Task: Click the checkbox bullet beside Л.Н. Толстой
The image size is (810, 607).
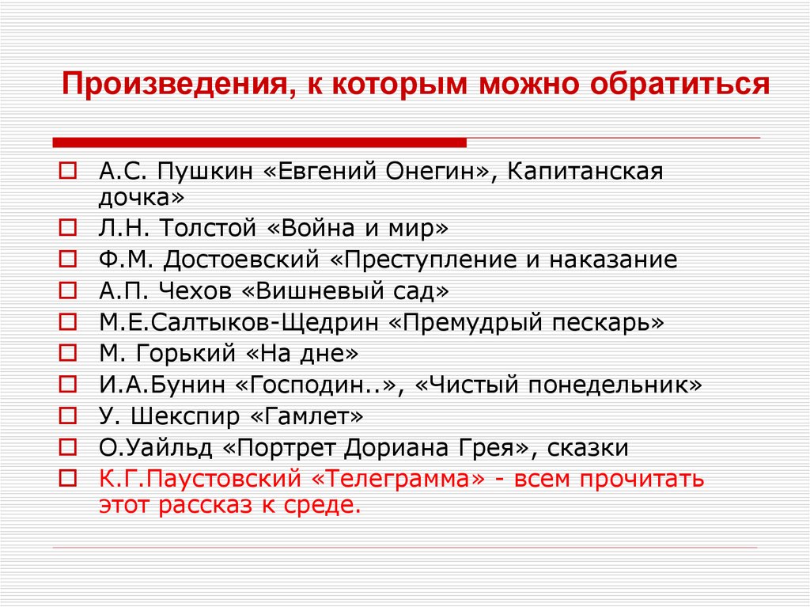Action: click(x=68, y=229)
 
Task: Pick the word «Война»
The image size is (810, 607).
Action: click(x=321, y=229)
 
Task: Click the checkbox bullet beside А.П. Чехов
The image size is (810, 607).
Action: click(x=68, y=291)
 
